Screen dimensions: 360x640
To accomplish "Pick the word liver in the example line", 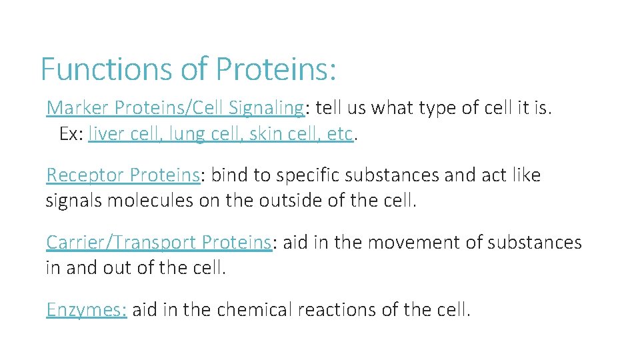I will coord(103,134).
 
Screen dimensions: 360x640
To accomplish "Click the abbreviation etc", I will coord(339,134).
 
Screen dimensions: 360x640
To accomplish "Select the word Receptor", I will coord(85,175).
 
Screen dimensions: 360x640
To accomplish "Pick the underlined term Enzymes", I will coord(86,310).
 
